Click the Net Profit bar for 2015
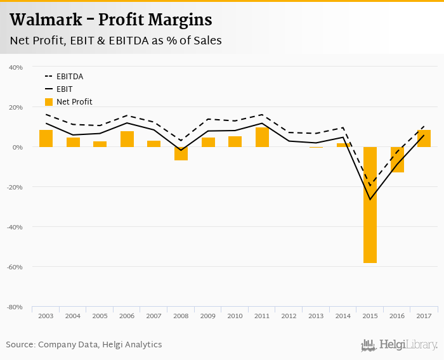coord(370,205)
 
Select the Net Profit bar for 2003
coord(46,138)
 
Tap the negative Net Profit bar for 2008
coord(181,153)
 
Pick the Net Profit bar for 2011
coord(262,137)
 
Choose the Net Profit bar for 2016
coord(397,160)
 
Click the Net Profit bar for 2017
coord(424,138)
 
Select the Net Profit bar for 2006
coord(127,139)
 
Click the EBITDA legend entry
coord(69,77)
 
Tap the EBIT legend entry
coord(65,89)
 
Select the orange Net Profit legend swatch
coord(49,101)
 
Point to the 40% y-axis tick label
coord(15,67)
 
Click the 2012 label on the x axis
coord(289,315)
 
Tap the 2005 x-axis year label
coord(100,315)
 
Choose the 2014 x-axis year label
coord(343,315)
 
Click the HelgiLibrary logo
coord(399,345)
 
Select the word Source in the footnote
coord(20,345)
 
